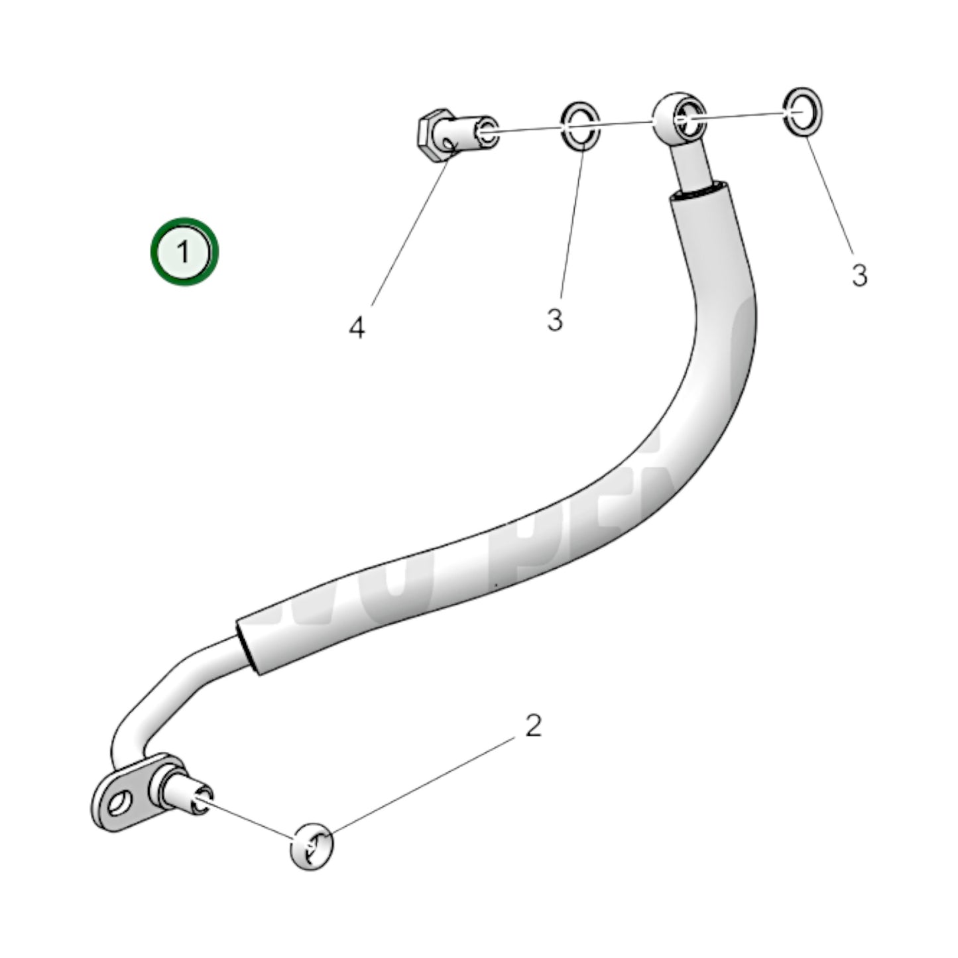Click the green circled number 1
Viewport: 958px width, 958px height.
pos(184,252)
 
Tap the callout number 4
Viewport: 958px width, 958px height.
pos(357,328)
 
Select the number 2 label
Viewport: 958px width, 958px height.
pos(533,726)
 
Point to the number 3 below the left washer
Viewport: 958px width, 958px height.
pos(555,320)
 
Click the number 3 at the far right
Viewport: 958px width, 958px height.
pos(859,274)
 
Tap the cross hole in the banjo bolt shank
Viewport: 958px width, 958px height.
pos(453,142)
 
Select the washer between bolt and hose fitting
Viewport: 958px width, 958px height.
pos(581,124)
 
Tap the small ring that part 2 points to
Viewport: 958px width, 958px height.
pos(311,847)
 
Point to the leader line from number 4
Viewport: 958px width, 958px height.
pos(408,232)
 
